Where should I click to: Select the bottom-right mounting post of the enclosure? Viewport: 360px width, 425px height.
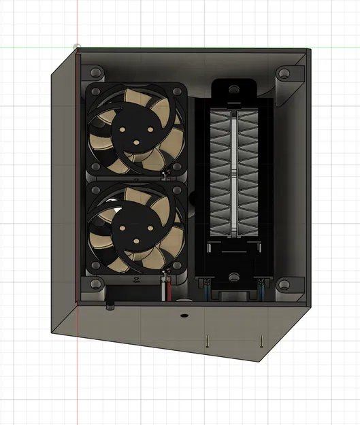[284, 284]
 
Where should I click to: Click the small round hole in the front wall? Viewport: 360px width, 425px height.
[183, 316]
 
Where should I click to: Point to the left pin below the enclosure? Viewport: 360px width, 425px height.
[205, 341]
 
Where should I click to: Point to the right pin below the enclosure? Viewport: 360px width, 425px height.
[260, 341]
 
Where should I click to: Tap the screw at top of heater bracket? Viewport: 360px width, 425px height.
[233, 88]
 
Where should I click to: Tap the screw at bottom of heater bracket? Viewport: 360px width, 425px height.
[233, 276]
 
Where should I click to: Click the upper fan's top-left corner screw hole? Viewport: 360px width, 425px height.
[95, 92]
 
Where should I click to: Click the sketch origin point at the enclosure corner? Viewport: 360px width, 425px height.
[78, 48]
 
